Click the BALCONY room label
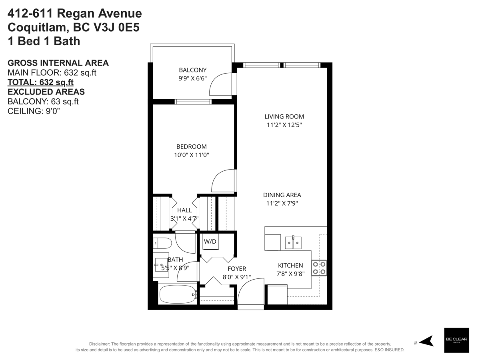[x=192, y=70]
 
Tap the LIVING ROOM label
[x=284, y=116]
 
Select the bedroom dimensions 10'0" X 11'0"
[x=192, y=154]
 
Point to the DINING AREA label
[x=282, y=195]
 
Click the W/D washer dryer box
[x=210, y=242]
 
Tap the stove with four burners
[x=319, y=268]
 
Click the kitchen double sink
[x=293, y=242]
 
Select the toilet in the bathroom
[x=162, y=243]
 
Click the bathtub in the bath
[x=177, y=295]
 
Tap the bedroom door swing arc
[x=222, y=181]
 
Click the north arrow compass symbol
[x=426, y=341]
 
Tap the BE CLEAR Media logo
[x=457, y=340]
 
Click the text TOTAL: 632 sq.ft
[x=41, y=82]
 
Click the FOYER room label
[x=237, y=268]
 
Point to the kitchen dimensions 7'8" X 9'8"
[x=290, y=274]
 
